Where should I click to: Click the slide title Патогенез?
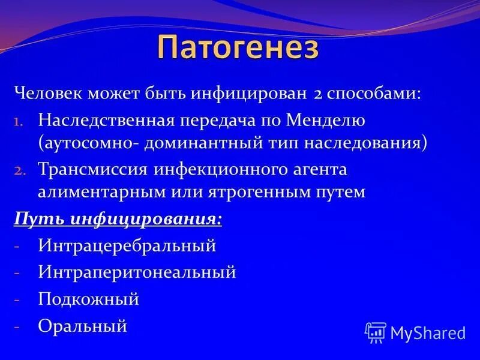pos(238,47)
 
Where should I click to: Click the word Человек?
pos(49,93)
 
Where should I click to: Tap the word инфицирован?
pos(249,94)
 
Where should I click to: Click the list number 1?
pos(18,122)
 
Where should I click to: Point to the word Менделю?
pos(325,121)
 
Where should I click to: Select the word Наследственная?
pos(106,121)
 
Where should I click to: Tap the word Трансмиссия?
pos(93,169)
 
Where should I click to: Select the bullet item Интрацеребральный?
pos(127,245)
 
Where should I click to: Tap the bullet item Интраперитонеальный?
pos(137,272)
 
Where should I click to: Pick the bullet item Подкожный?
pos(88,299)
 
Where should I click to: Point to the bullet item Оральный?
pos(82,326)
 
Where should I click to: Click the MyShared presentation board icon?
pos(376,332)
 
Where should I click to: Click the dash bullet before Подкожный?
pos(17,299)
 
